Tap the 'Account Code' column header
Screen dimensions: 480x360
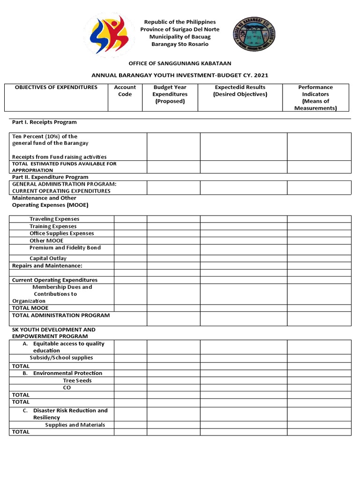[125, 91]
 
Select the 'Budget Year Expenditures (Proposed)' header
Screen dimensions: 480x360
[170, 94]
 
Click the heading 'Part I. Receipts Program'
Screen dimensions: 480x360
[44, 122]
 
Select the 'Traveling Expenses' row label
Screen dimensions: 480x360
[54, 219]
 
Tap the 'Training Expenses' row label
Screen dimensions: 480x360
[53, 226]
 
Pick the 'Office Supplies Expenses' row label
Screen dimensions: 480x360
[61, 233]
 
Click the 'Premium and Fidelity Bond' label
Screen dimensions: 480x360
[65, 248]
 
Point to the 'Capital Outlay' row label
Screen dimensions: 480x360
[48, 258]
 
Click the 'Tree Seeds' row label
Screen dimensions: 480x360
[77, 381]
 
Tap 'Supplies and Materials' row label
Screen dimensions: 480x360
[75, 425]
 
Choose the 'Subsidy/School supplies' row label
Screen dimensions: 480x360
[61, 358]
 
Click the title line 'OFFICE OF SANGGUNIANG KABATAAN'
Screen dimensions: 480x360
[180, 63]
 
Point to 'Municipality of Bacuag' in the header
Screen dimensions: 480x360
[180, 37]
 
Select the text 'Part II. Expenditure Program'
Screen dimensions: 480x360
[50, 177]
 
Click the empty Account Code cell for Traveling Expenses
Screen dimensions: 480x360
[130, 219]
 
